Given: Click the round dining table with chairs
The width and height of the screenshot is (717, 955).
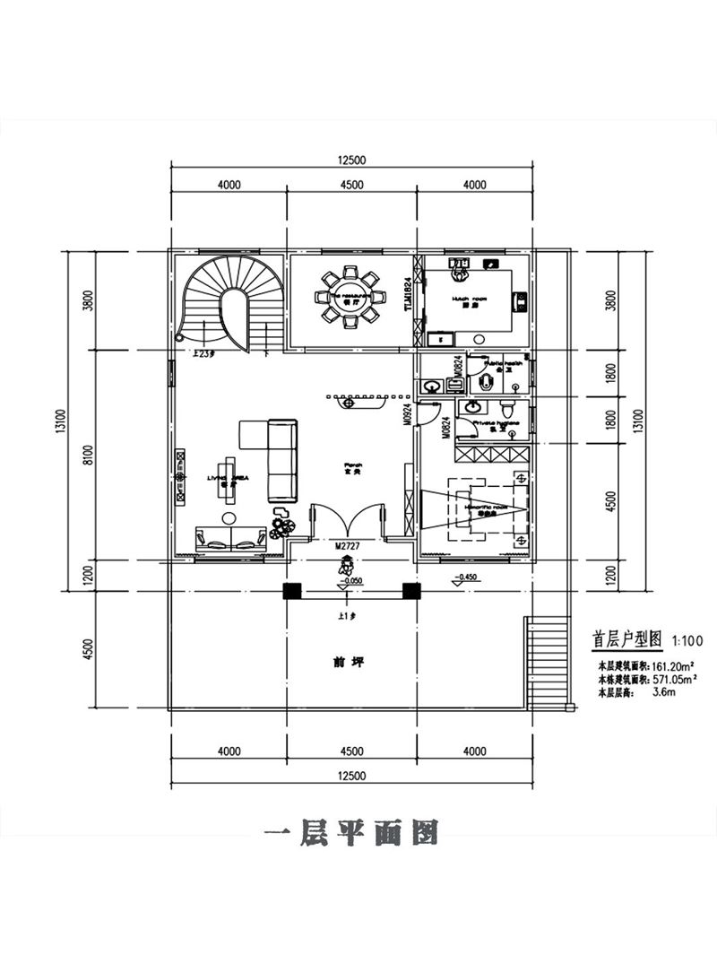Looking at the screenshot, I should coord(350,296).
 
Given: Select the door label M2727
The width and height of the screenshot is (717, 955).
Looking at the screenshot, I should coord(347,545).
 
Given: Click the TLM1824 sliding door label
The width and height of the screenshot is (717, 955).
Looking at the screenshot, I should coord(408,293).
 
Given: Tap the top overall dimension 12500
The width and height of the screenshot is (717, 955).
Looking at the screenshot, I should coord(350,161).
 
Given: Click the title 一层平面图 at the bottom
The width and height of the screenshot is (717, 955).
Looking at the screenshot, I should coord(351,833).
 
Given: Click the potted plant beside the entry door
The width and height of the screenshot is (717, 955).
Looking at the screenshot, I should coord(281,526).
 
